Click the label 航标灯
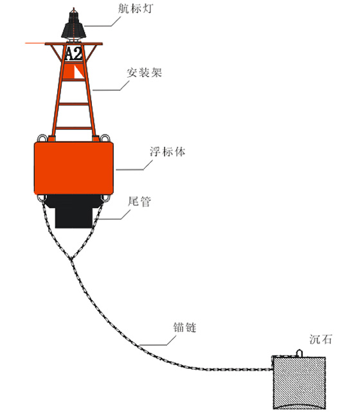pos(135,8)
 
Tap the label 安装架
pos(144,72)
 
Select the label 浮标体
pos(167,151)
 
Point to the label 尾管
pos(139,201)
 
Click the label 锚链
pos(184,327)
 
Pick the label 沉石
pos(321,339)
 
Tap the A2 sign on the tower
pos(73,53)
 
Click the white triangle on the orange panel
pos(78,72)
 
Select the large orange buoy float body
pos(74,168)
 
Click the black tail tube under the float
pos(73,211)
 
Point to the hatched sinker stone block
pos(299,383)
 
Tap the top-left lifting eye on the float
pos(42,138)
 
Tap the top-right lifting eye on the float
pos(105,138)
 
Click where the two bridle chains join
pos(71,259)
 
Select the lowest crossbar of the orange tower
pos(73,128)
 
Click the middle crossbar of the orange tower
pos(73,104)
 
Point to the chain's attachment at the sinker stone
pos(271,369)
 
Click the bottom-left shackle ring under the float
pos(42,198)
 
